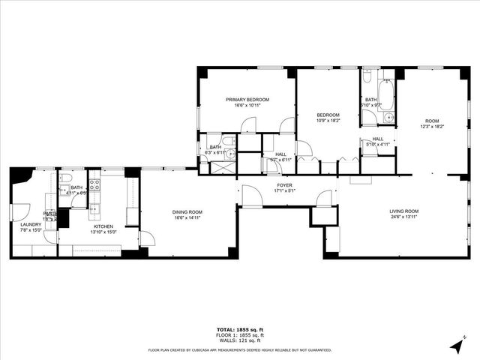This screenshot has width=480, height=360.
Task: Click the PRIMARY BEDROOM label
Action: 247,99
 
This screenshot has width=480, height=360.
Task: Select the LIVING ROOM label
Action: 403,211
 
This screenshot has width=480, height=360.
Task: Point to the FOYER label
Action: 284,184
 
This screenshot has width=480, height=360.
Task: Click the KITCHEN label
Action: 103,225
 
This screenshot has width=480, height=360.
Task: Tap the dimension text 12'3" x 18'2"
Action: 432,127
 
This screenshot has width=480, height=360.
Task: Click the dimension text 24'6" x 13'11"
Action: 403,217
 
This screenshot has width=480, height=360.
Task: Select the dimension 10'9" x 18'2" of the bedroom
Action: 328,120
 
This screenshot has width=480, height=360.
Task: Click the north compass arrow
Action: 457,346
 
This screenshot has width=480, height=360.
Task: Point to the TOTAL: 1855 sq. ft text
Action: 239,330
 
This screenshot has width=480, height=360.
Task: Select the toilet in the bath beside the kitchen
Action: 66,179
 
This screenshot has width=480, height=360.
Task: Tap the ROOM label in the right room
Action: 432,121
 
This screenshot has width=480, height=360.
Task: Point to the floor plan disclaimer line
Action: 239,349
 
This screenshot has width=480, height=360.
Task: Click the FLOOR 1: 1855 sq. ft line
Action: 239,335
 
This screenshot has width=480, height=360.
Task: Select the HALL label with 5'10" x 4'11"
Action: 378,139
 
